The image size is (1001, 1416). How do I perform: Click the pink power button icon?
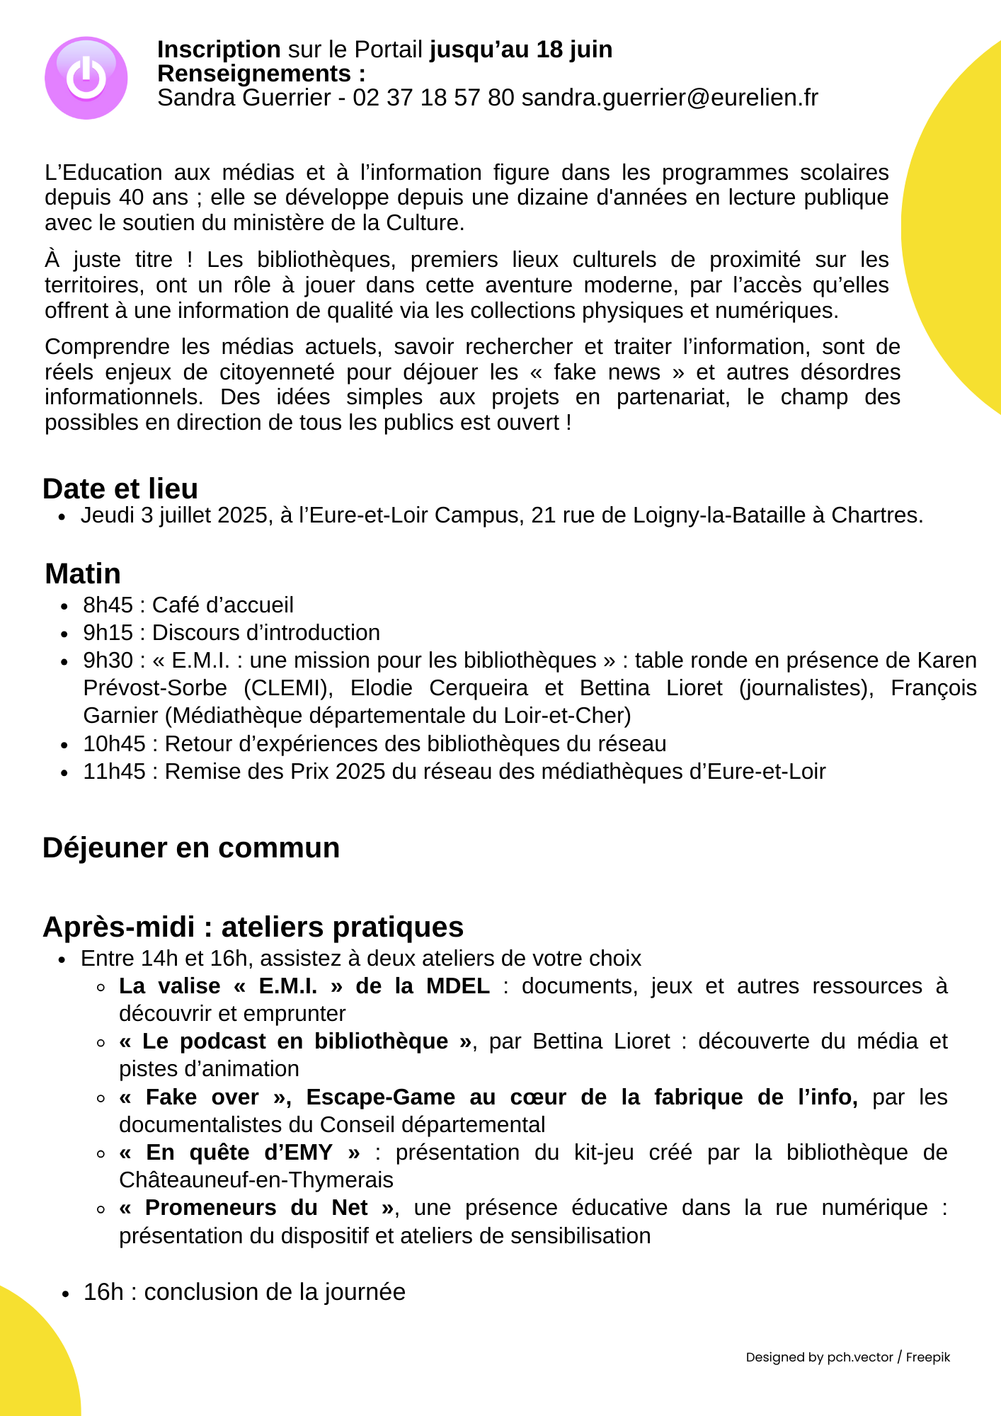(86, 78)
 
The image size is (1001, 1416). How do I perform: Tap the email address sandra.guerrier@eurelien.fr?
(670, 98)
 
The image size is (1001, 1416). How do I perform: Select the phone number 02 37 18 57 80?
(433, 98)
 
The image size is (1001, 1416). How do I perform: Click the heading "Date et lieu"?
(120, 489)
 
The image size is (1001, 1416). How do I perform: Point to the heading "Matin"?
(83, 573)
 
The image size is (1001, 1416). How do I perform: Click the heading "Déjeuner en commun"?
(191, 847)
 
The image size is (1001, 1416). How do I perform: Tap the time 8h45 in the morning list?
(108, 605)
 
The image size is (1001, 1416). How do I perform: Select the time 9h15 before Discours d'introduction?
(108, 633)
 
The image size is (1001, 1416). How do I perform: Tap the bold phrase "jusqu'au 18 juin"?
(521, 50)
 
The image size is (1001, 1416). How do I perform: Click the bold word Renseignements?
(254, 74)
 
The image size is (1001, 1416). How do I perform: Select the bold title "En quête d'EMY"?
(239, 1153)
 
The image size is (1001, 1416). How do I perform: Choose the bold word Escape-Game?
(381, 1097)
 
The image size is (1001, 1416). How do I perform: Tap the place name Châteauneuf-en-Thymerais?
(256, 1180)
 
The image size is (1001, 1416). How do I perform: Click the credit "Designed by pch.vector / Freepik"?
(847, 1357)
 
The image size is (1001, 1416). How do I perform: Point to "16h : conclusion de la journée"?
(244, 1292)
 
